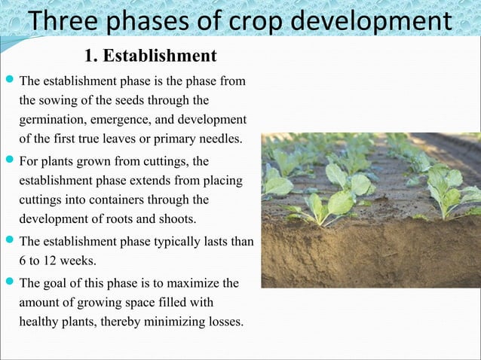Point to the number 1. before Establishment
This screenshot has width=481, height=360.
91,56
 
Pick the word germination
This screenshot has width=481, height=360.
48,121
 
